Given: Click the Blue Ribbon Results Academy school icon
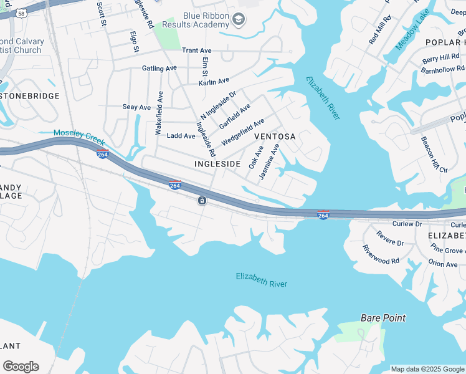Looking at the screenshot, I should tap(237, 21).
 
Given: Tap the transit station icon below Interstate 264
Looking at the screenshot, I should tap(202, 200).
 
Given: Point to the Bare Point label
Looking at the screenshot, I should tap(383, 318).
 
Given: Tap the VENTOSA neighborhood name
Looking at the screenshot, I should tap(274, 136).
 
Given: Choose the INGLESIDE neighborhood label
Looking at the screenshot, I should tap(217, 163).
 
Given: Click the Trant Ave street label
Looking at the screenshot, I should tap(196, 50).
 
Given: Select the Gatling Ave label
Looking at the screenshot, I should tap(159, 69).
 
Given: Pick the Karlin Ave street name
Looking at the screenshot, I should tap(214, 82).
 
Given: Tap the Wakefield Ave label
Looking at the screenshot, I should tap(159, 113).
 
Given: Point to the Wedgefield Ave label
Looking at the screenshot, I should tap(243, 131).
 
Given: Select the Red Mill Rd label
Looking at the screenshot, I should tap(379, 31).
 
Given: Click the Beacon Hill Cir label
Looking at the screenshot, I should tap(434, 155).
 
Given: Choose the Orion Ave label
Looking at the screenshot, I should tap(443, 264).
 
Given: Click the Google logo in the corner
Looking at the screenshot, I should tap(21, 367).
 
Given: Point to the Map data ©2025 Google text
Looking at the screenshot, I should tap(427, 369).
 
